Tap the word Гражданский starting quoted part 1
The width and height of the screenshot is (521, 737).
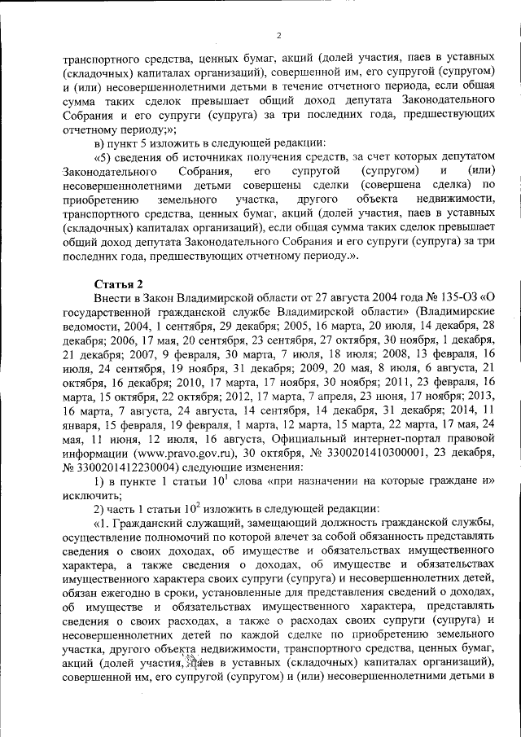click(x=154, y=555)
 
